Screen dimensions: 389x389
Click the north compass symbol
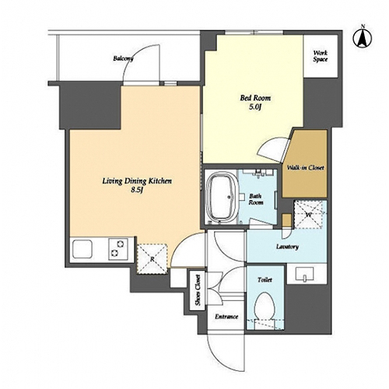(363, 38)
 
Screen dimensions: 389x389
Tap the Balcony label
(123, 58)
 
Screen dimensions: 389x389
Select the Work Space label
(321, 56)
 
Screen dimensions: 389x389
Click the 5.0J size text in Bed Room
(254, 107)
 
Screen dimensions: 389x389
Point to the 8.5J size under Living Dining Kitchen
(137, 190)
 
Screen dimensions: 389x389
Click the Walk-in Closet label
(305, 167)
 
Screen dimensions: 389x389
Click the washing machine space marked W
(308, 215)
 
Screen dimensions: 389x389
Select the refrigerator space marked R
(152, 258)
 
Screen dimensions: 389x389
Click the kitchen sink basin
(82, 249)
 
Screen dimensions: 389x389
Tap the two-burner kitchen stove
(118, 249)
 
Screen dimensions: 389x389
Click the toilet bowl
(265, 306)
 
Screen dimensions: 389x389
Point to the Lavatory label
(287, 247)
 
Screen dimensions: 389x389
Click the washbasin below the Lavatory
(305, 274)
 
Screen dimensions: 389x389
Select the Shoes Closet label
(198, 290)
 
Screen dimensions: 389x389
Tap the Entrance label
(226, 317)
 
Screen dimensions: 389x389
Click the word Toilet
(265, 280)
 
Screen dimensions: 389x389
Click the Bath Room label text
(256, 199)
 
